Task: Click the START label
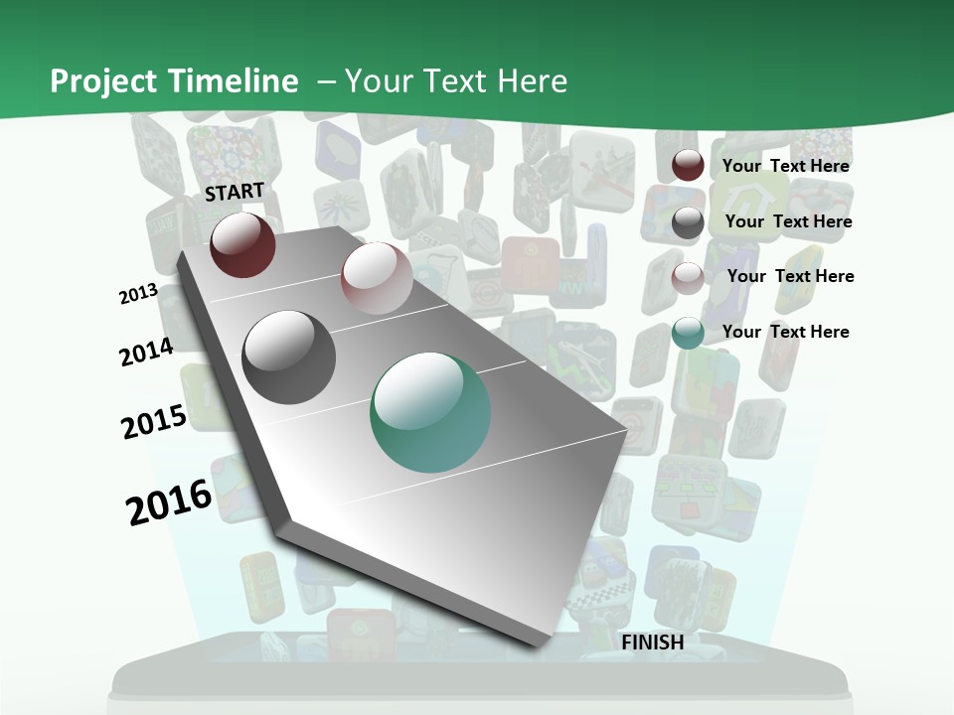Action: click(x=235, y=191)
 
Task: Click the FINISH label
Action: click(x=653, y=643)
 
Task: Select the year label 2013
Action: click(x=139, y=293)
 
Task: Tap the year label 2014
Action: click(x=147, y=352)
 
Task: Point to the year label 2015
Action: click(x=154, y=421)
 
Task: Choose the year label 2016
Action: click(x=169, y=501)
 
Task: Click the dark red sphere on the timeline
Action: click(x=242, y=244)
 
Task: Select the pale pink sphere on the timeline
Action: click(x=377, y=278)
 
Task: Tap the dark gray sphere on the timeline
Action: click(x=289, y=357)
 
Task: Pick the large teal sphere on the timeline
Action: click(x=430, y=412)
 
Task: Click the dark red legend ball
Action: click(x=688, y=166)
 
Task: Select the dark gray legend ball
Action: click(x=688, y=222)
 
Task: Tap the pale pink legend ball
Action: click(x=688, y=277)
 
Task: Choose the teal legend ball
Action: click(x=688, y=333)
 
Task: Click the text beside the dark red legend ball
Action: click(x=785, y=166)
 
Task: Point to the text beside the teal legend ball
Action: click(x=785, y=332)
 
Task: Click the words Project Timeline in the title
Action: click(x=174, y=81)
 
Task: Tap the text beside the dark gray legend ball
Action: click(x=788, y=221)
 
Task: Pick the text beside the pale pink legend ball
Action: click(x=790, y=276)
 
